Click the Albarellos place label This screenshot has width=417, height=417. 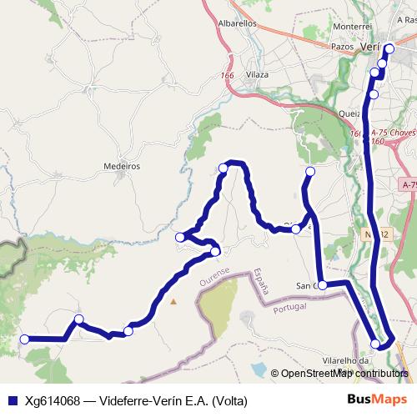tap(237, 24)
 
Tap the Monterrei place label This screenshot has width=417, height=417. tap(351, 28)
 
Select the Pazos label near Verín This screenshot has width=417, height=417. tap(343, 48)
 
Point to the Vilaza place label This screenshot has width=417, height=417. tap(257, 75)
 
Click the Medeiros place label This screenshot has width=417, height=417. tap(121, 166)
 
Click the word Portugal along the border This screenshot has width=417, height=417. tap(289, 308)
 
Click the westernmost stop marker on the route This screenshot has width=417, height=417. tap(25, 339)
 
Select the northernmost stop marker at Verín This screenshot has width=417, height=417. tap(389, 48)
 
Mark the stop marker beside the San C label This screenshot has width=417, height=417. tap(322, 284)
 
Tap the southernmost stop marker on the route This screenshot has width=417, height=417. tap(376, 344)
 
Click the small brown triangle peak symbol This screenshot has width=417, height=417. tap(173, 301)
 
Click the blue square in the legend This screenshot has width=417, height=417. tap(12, 400)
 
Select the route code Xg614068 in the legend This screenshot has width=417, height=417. tap(56, 400)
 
